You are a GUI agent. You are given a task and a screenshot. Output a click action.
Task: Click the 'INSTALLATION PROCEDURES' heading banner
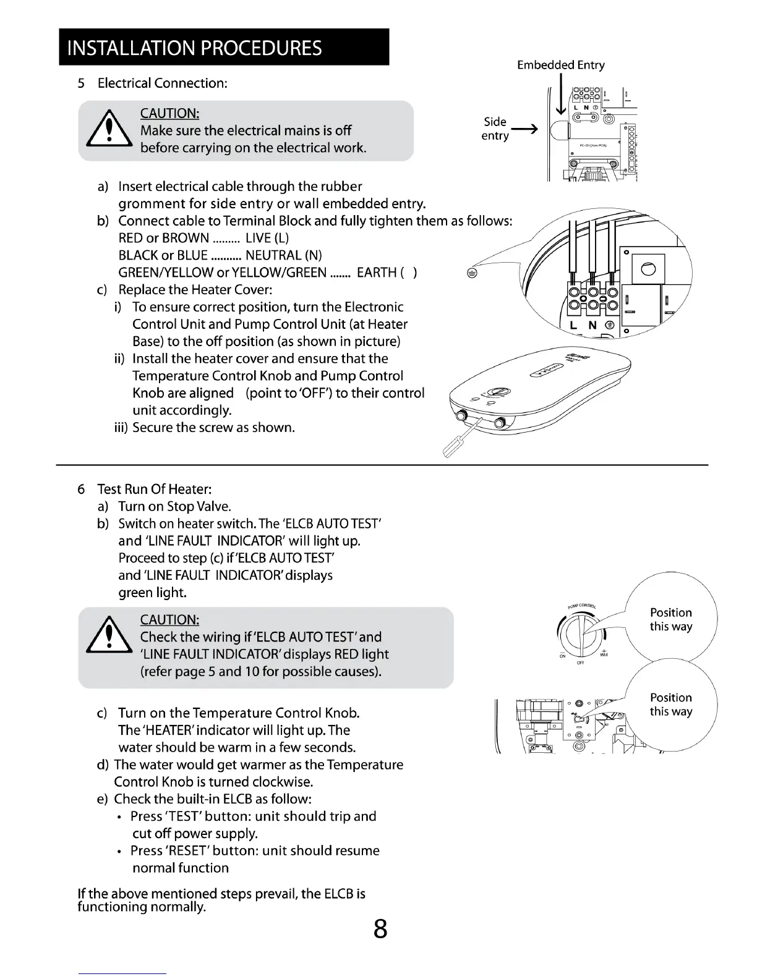224,48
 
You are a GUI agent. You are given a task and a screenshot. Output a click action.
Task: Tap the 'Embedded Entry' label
560,65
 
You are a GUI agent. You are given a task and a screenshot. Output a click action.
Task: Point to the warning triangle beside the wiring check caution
109,637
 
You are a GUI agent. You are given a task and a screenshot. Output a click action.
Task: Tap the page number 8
380,929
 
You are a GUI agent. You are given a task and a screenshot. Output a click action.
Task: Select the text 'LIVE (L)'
267,238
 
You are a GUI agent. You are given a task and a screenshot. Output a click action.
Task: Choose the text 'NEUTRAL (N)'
283,255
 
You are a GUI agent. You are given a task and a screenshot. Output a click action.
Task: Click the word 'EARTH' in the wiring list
377,273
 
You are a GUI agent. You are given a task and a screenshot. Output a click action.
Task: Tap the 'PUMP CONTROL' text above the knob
581,606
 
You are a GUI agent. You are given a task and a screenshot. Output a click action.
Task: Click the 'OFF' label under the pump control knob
580,663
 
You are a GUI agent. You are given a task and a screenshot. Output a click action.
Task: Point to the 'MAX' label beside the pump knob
603,655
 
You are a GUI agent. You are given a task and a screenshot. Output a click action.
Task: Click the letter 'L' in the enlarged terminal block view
573,325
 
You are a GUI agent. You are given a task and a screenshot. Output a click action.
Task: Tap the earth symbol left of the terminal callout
471,274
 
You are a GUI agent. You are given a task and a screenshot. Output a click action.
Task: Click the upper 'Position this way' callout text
670,619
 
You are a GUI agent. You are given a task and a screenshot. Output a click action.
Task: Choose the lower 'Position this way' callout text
670,705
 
